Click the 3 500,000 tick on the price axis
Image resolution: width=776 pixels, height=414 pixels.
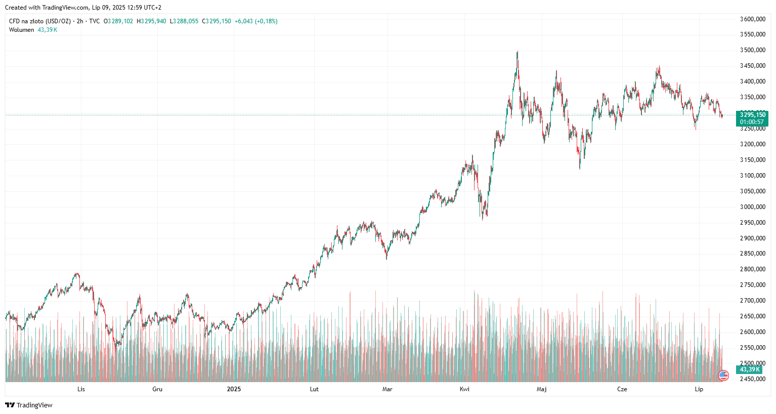[x=752, y=50]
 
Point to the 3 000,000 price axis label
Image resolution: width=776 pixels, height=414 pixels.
[x=752, y=207]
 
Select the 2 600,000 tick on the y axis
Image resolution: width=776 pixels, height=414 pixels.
[x=752, y=332]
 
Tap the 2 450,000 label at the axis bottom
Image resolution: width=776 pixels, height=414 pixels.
[x=752, y=379]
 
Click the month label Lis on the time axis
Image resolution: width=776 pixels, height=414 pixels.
[x=81, y=389]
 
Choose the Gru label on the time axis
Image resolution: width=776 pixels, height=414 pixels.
[x=157, y=389]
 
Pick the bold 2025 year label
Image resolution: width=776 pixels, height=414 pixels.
[x=234, y=389]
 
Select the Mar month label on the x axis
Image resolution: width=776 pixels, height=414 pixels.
[x=387, y=389]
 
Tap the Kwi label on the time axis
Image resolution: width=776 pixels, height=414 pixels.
[x=464, y=389]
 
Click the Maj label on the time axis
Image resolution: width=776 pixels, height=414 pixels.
[x=541, y=389]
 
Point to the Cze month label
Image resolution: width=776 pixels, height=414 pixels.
[x=622, y=389]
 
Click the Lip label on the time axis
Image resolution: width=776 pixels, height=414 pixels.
[x=699, y=389]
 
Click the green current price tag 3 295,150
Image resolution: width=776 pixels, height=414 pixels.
[x=752, y=115]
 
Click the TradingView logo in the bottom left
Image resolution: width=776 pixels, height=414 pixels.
[x=29, y=405]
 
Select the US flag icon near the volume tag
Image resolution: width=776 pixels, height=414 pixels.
[x=723, y=376]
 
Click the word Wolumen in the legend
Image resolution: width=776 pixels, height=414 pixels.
[x=21, y=30]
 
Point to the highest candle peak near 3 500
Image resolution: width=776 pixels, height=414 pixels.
[x=517, y=52]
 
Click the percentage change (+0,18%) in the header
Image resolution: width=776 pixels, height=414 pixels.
[x=266, y=21]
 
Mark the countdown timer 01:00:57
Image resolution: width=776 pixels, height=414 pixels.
[x=752, y=122]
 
